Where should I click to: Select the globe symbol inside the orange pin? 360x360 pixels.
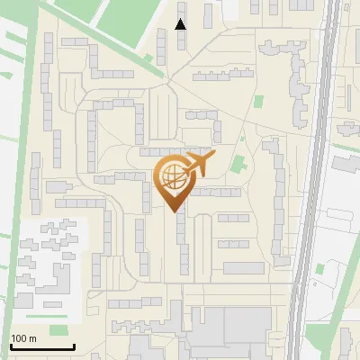click(x=173, y=178)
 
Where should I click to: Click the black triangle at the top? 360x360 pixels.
click(x=181, y=24)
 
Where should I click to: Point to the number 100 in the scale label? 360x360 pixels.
click(x=18, y=338)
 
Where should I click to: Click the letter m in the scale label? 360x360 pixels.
click(x=31, y=338)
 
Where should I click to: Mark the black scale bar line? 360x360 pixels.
click(x=41, y=346)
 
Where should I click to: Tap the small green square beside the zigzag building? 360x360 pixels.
click(x=259, y=102)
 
